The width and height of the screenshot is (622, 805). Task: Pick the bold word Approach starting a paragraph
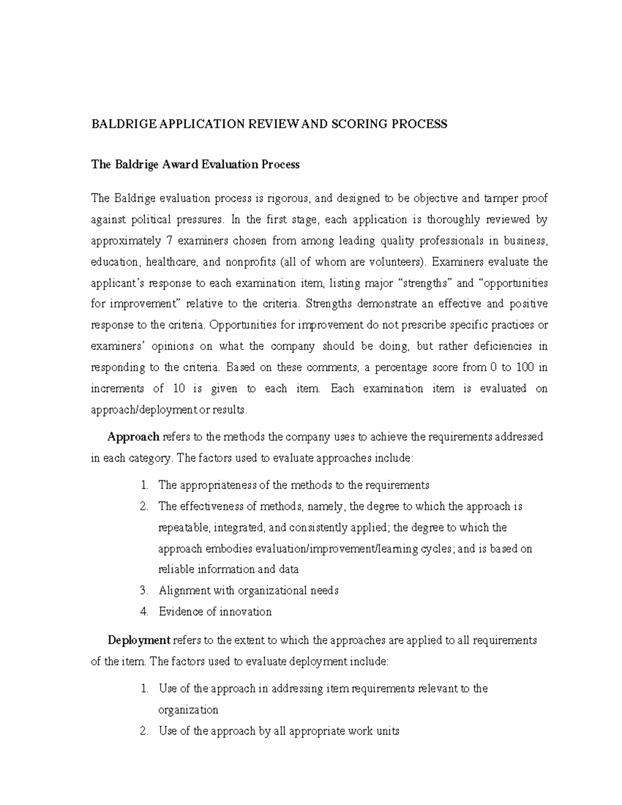[x=133, y=437]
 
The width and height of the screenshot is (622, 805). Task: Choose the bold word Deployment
[x=139, y=640]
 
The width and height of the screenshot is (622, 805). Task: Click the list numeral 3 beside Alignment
[x=144, y=590]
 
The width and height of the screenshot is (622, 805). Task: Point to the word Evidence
[x=181, y=612]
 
